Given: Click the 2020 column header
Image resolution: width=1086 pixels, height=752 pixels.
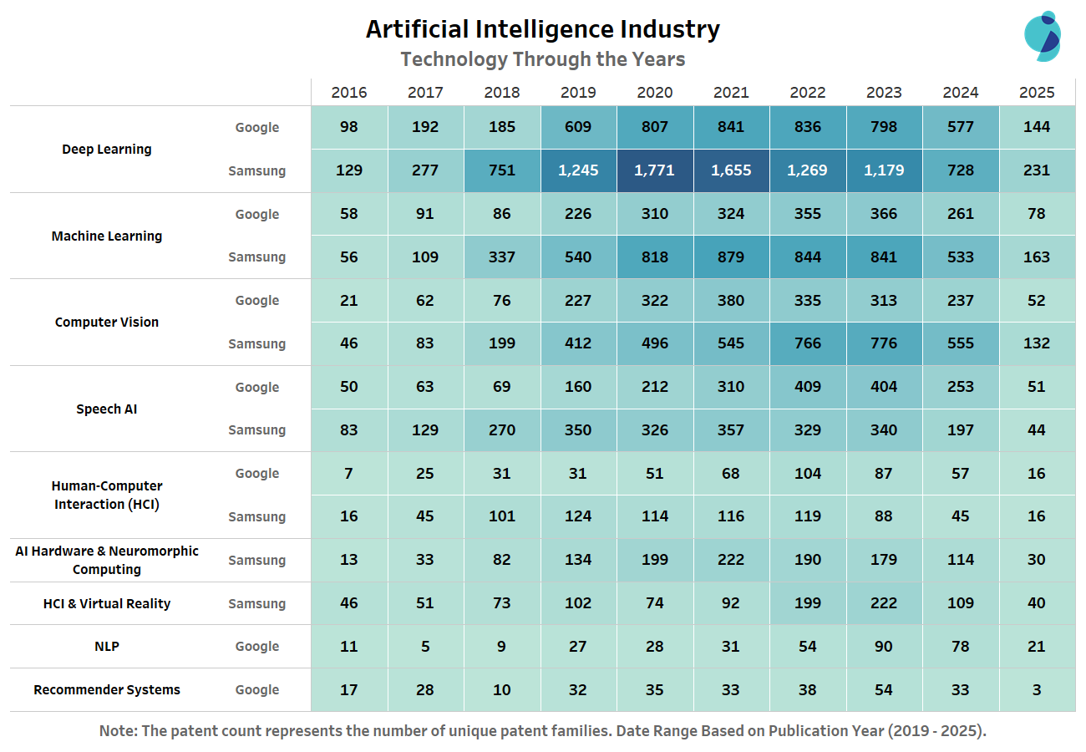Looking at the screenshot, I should coord(654,93).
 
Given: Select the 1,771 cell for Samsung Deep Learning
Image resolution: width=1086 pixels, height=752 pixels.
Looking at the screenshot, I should coord(654,170).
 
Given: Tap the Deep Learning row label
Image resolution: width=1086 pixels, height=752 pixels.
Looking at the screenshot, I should coord(107,150).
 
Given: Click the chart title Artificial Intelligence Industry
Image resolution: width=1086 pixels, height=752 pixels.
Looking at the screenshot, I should coord(542,29).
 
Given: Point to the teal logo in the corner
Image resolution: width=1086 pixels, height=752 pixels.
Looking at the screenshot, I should coord(1042,36).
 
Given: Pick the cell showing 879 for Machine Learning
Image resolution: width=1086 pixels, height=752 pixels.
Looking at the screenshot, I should coord(731,257).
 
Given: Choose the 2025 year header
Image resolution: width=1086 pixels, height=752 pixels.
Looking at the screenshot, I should coord(1037,93).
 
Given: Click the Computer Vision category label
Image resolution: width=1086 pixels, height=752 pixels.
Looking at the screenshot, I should coord(107,323).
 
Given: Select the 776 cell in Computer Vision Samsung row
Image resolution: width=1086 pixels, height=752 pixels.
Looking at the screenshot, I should coord(884,343).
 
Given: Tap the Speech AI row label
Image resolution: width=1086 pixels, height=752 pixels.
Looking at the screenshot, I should coord(107,409).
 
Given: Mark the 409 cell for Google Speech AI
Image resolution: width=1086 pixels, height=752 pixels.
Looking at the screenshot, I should coord(807,387).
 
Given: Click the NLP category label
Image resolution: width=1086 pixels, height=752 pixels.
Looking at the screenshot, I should coord(107,647).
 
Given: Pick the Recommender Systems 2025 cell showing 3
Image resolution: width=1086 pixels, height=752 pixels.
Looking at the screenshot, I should coord(1037,690).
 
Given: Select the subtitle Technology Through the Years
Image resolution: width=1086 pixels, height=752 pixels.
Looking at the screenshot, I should coord(542,59).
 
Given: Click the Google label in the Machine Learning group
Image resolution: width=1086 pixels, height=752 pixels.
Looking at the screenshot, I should coord(257,215).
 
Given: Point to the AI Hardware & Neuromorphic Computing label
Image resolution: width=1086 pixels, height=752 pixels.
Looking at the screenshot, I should coord(107,561).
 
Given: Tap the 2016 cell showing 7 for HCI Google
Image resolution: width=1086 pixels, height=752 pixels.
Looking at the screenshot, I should coord(348,474).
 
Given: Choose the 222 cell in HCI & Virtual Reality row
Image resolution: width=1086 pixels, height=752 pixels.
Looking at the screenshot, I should coord(884,603).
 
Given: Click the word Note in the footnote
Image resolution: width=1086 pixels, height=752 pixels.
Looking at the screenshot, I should coord(118,731).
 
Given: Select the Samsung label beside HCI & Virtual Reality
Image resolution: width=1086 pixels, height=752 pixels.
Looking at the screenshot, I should coord(257,604).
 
